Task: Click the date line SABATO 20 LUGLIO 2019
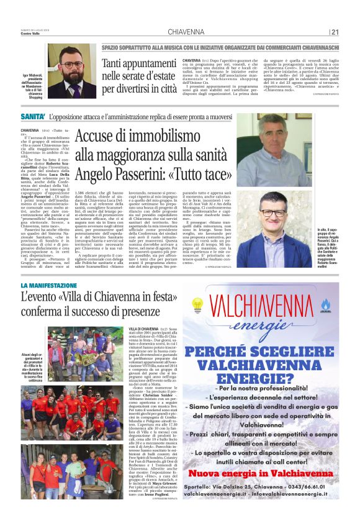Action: [x=35, y=29]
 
